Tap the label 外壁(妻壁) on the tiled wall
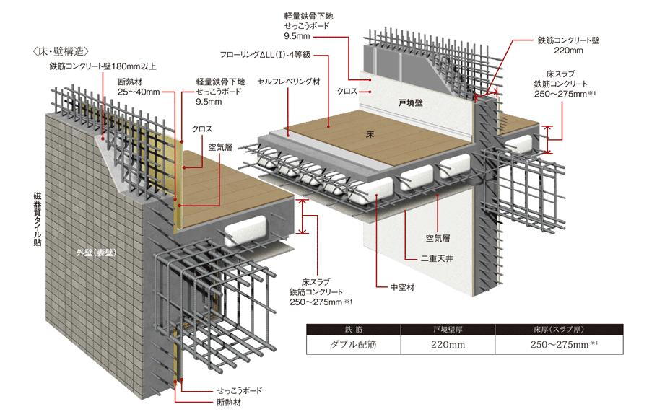click(x=96, y=253)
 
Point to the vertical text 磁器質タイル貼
click(x=38, y=219)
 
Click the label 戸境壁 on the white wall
click(x=410, y=102)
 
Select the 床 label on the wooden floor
click(x=370, y=134)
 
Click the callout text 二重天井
click(x=437, y=259)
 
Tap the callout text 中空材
click(x=402, y=287)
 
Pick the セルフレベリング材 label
click(x=289, y=82)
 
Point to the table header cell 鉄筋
click(x=353, y=330)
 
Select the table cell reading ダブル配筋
click(x=353, y=345)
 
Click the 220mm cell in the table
click(x=448, y=345)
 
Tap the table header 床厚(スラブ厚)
click(x=559, y=330)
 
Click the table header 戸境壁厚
click(x=448, y=330)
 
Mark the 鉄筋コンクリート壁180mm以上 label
click(x=103, y=66)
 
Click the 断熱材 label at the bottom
click(x=229, y=403)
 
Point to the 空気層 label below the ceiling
click(x=438, y=238)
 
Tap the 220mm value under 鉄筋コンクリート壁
click(x=568, y=51)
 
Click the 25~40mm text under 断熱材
click(x=139, y=92)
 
